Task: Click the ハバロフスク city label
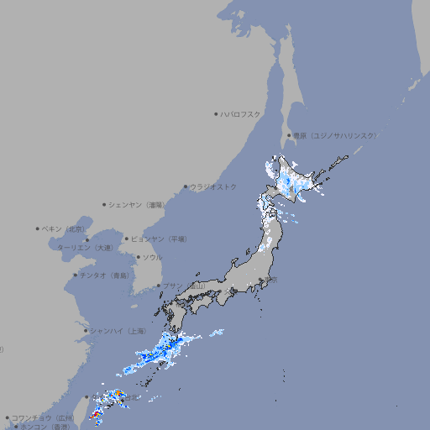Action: [241, 113]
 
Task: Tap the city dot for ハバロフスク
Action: [216, 113]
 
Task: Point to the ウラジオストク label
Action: [213, 186]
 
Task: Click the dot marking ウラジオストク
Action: [186, 186]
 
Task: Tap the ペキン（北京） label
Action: [66, 228]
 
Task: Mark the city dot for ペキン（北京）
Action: [38, 228]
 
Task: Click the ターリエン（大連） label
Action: [85, 248]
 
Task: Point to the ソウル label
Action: [152, 257]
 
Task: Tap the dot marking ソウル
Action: [137, 257]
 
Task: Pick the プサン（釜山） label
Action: [183, 286]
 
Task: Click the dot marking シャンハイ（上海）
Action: [86, 330]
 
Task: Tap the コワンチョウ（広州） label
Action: [43, 417]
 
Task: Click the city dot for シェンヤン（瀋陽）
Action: [104, 204]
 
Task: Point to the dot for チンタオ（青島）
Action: [75, 275]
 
